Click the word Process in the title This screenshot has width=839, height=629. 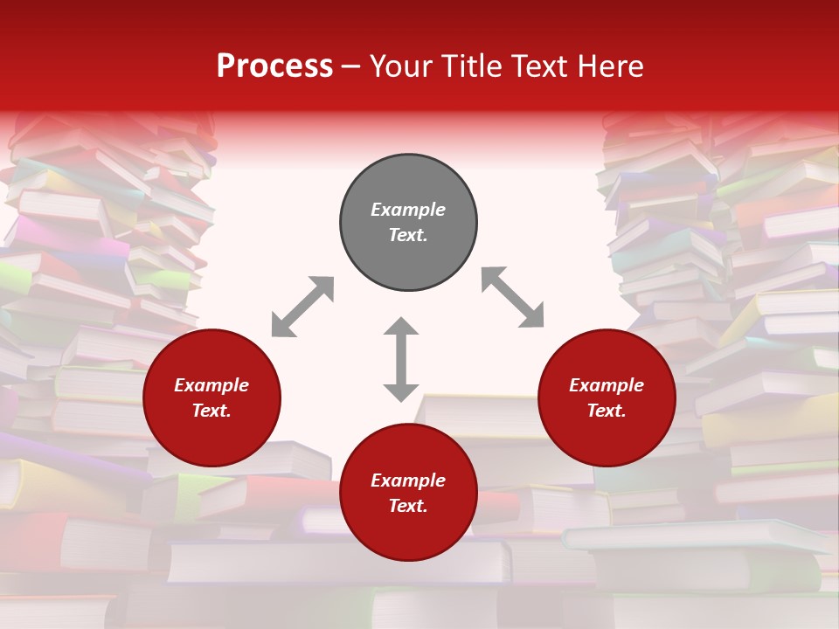click(274, 66)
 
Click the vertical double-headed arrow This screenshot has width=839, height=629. click(401, 359)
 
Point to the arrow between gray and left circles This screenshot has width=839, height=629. click(302, 307)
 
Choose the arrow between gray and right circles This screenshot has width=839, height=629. click(513, 297)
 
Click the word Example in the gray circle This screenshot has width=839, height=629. click(408, 210)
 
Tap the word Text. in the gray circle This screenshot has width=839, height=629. click(408, 235)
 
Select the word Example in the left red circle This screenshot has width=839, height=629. click(211, 385)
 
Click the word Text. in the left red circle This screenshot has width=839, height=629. click(211, 411)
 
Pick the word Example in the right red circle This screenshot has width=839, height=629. click(607, 385)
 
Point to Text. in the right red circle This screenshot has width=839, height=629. click(607, 411)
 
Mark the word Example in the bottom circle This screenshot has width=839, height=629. click(408, 480)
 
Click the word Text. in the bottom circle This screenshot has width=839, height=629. click(408, 506)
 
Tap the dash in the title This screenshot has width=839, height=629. click(351, 66)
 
